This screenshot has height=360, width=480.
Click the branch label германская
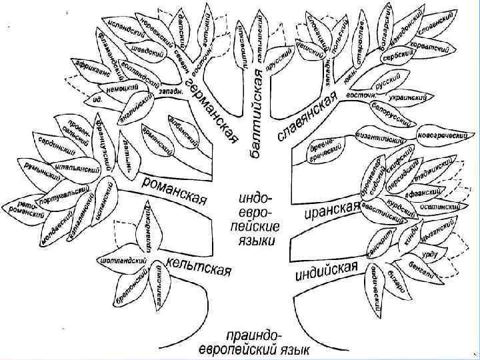point(212,110)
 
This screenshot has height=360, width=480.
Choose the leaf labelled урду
point(430,255)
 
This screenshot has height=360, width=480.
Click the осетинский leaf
point(440,207)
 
